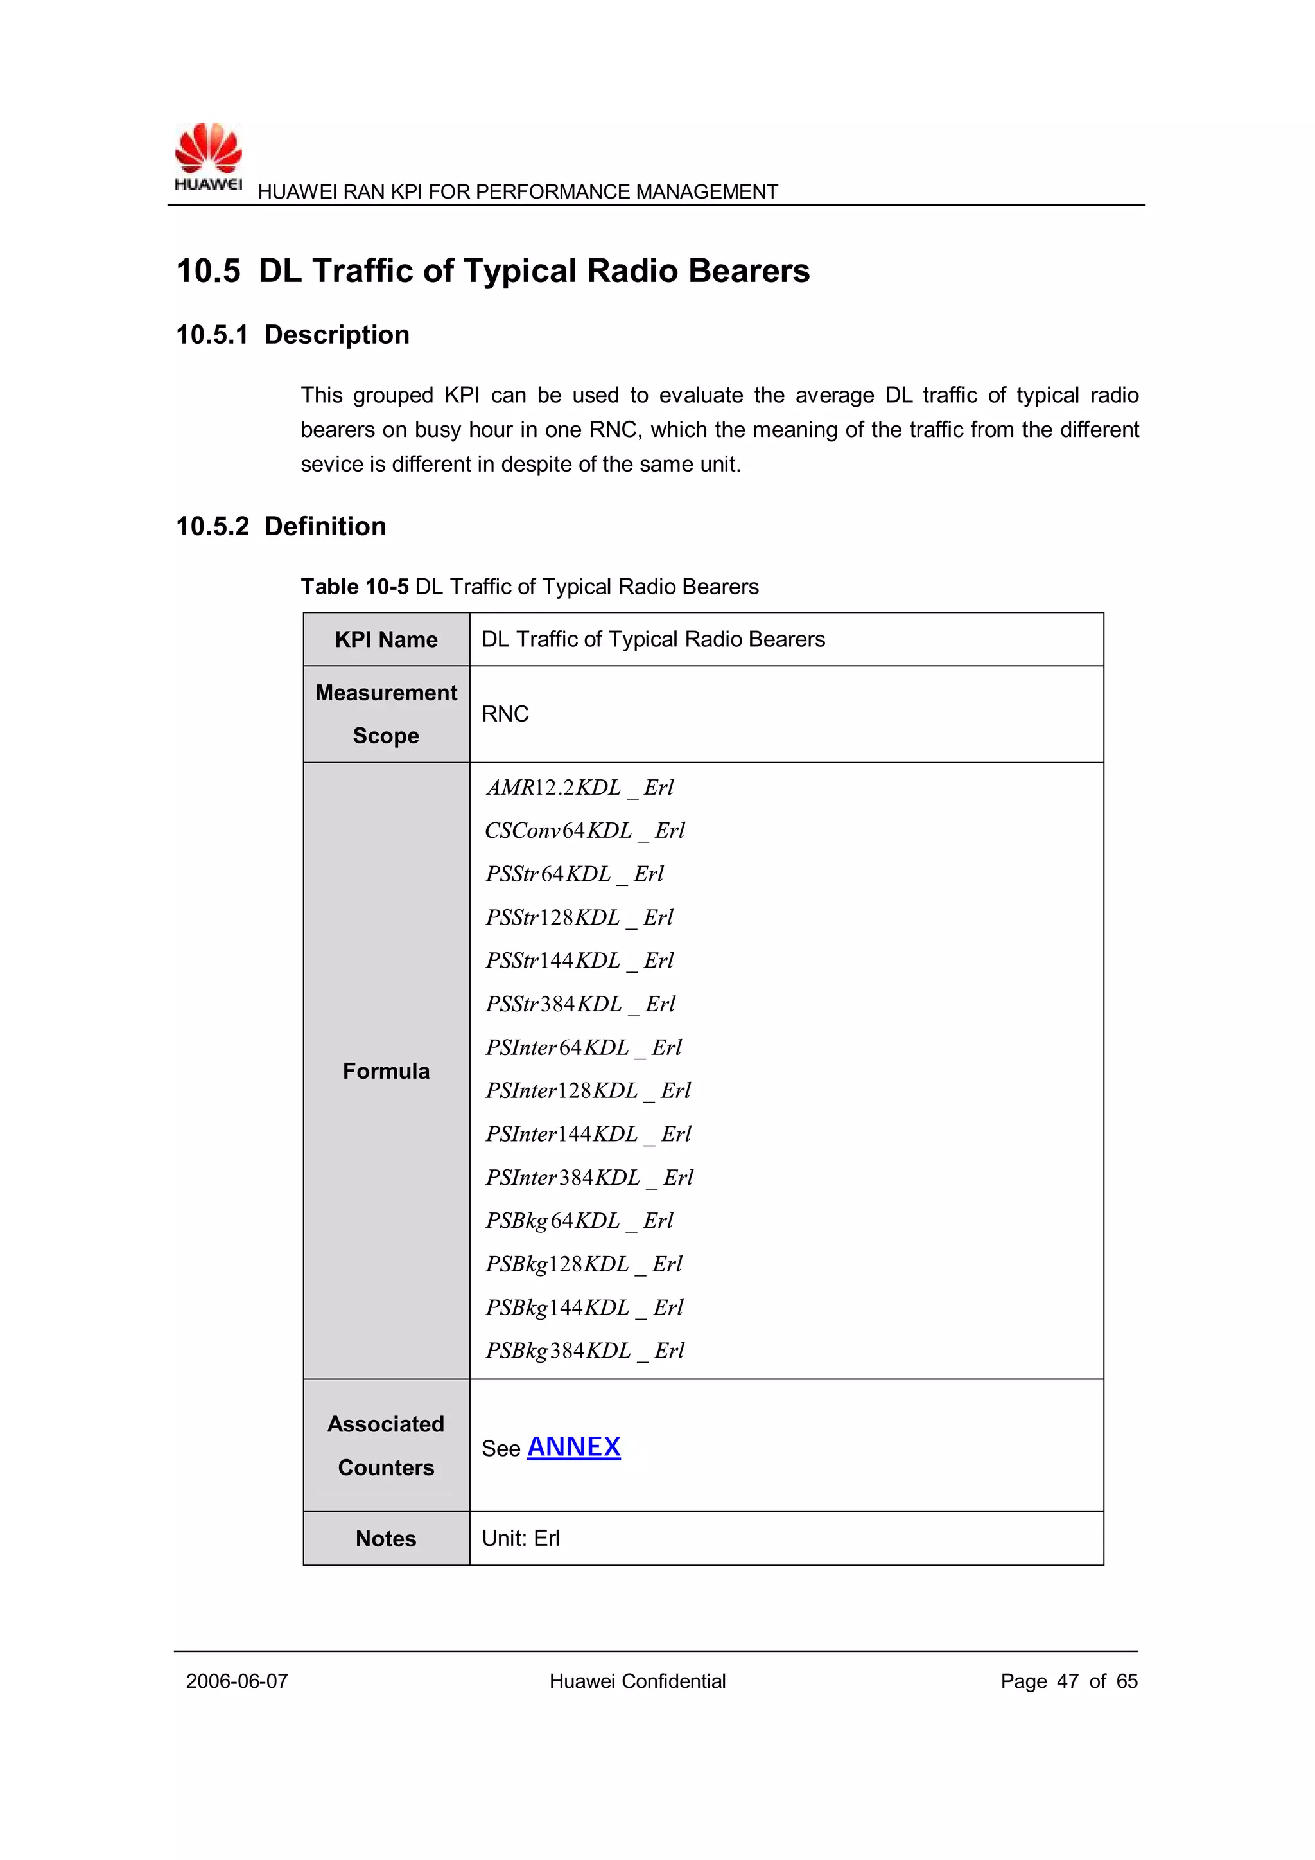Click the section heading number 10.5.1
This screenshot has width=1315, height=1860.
(211, 335)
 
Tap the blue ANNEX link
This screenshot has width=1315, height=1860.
(573, 1446)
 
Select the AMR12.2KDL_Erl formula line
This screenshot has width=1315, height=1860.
(580, 788)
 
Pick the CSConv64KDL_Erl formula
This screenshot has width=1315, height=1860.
(585, 830)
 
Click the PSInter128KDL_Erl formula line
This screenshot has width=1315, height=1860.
(588, 1090)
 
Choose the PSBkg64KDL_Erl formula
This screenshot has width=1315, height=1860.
(579, 1220)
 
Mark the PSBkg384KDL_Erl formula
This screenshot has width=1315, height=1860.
(585, 1351)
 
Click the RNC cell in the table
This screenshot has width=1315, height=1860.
(505, 714)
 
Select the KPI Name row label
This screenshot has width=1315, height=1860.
(387, 640)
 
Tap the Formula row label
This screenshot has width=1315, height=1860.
(387, 1071)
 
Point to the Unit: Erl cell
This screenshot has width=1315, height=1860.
(521, 1538)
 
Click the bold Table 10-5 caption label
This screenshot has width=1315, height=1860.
(354, 587)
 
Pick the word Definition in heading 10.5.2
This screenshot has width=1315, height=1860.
(325, 527)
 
